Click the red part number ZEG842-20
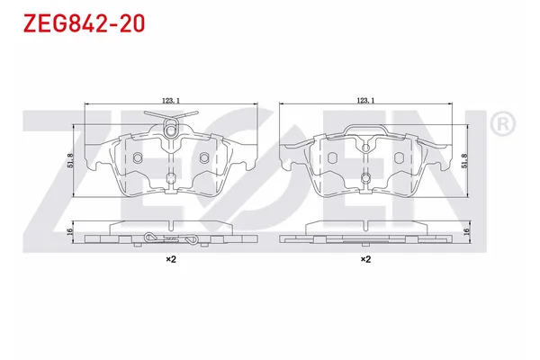point(84,23)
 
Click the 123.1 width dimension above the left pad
point(171,100)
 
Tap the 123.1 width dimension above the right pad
point(365,100)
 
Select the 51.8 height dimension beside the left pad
point(70,160)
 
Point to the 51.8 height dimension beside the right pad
point(464,160)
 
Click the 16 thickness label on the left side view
point(70,231)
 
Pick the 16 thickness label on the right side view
point(466,231)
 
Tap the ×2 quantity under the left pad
point(171,259)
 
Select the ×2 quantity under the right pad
point(365,259)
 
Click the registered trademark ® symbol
point(503,123)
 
